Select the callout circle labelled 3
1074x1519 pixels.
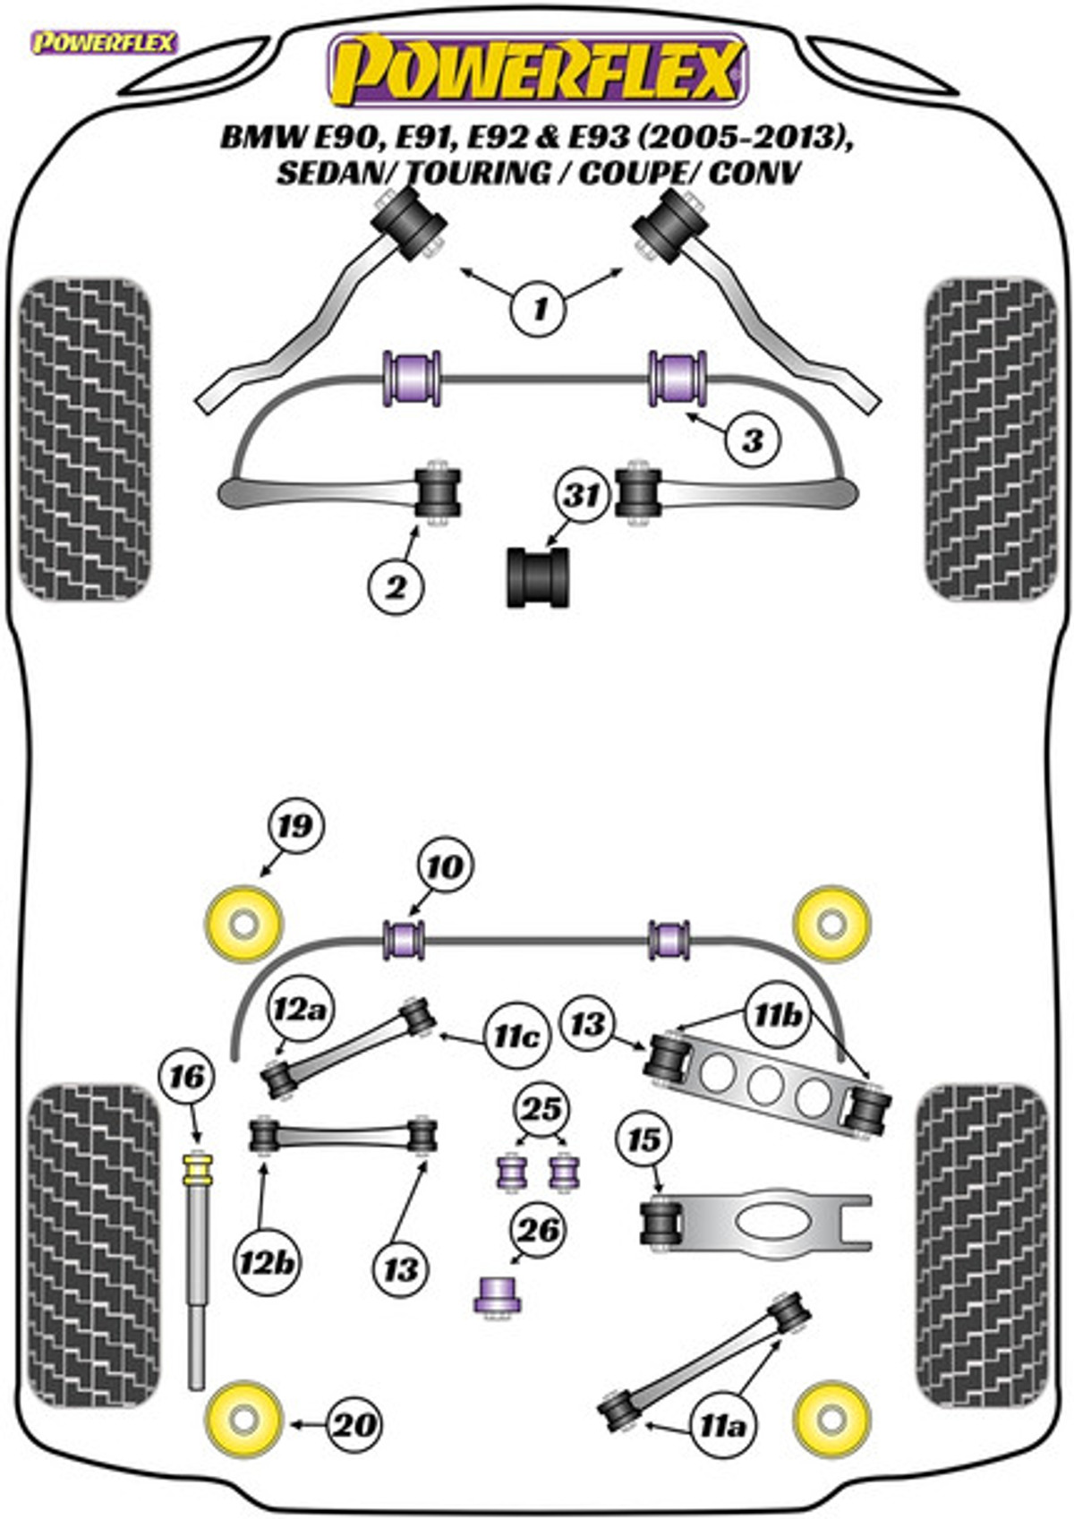[x=753, y=441]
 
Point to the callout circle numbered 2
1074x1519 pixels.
[x=396, y=585]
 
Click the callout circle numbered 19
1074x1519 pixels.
[x=296, y=827]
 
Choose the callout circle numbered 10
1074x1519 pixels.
[x=446, y=866]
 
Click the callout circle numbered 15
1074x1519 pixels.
[x=644, y=1139]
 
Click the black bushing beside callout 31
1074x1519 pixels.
[x=539, y=576]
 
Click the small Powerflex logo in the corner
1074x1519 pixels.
[x=104, y=43]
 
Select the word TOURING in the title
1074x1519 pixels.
[x=478, y=174]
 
